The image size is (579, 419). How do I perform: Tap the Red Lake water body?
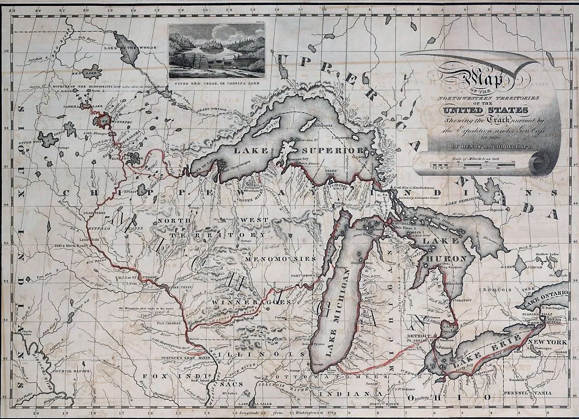click(93, 71)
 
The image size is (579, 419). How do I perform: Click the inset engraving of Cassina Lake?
click(216, 50)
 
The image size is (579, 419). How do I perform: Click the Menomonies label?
click(280, 259)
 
